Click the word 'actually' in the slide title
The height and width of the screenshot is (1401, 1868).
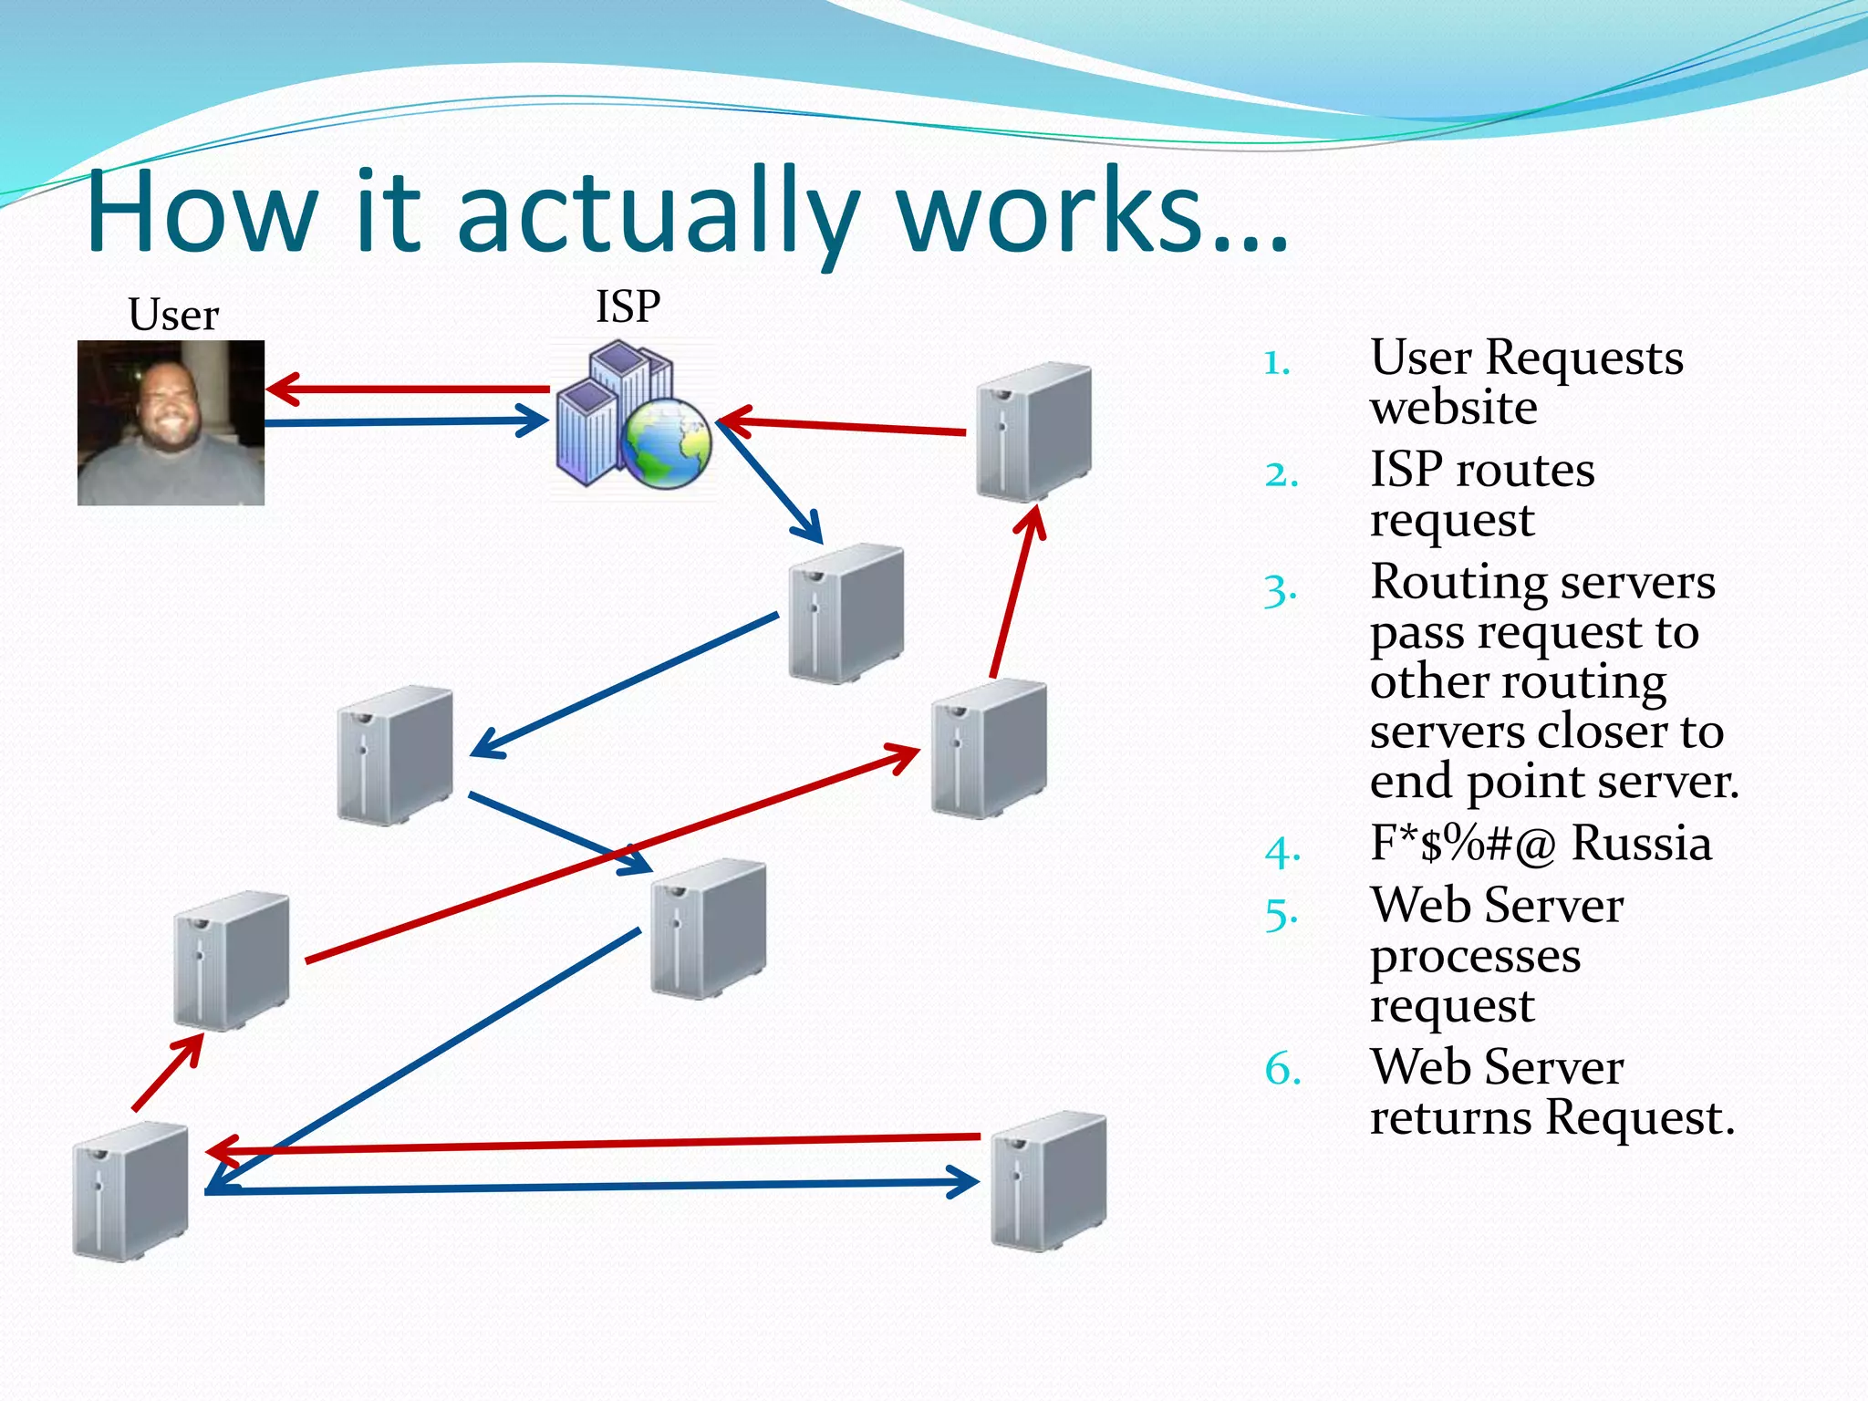657,214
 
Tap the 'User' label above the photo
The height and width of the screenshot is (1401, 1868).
173,316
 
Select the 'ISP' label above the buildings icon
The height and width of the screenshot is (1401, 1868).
628,306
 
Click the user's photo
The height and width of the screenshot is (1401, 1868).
171,422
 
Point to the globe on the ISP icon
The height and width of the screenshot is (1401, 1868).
667,443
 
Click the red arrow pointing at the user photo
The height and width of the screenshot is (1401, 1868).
410,389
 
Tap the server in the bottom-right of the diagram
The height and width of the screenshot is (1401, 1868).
1049,1180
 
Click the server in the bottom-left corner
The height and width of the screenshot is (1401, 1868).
130,1190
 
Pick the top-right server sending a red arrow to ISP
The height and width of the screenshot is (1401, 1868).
1033,431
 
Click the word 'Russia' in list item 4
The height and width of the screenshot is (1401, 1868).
1641,844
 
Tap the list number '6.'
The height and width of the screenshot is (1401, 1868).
1282,1068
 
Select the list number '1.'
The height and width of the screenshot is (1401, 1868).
1277,363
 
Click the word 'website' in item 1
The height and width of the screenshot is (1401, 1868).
1453,408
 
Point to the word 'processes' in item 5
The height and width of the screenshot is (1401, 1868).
1475,956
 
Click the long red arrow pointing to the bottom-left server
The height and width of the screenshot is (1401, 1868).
593,1143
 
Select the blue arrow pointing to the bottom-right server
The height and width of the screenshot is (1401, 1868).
593,1187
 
